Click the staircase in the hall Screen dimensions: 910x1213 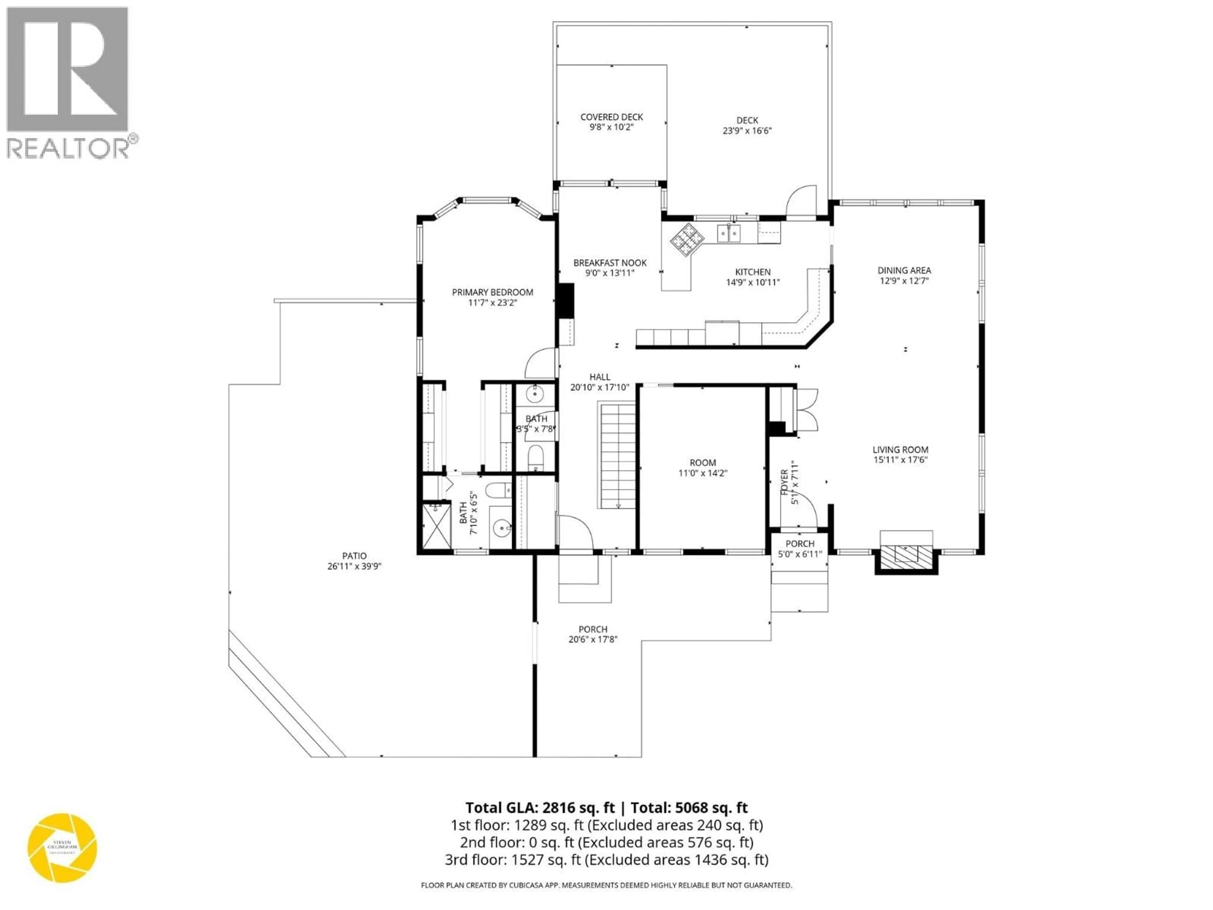618,455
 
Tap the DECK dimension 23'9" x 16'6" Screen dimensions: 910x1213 747,130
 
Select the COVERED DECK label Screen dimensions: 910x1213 612,117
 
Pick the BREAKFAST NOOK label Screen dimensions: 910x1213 610,263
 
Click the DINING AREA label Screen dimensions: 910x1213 904,270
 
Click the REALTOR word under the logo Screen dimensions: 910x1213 67,148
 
